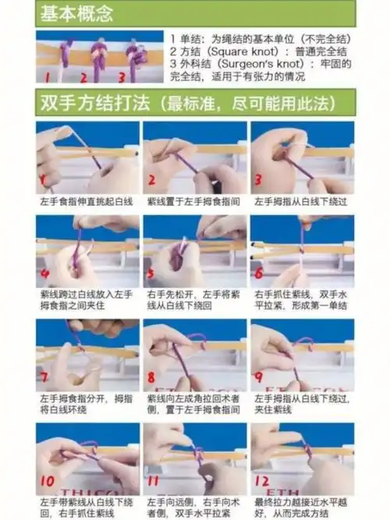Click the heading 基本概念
pyautogui.click(x=76, y=13)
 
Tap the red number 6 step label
pyautogui.click(x=259, y=274)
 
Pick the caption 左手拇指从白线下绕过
pyautogui.click(x=300, y=201)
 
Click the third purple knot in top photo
pyautogui.click(x=136, y=55)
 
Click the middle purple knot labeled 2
pyautogui.click(x=99, y=55)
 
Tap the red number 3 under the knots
pyautogui.click(x=122, y=77)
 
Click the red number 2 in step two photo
pyautogui.click(x=151, y=182)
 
